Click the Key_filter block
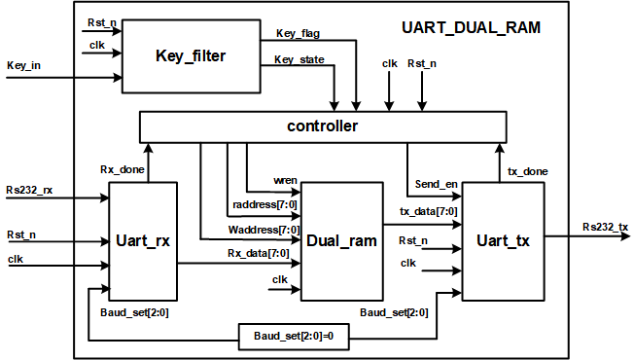click(x=191, y=55)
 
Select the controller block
click(x=323, y=126)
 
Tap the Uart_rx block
click(x=144, y=240)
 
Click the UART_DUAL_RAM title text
click(x=471, y=28)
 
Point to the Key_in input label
click(x=24, y=66)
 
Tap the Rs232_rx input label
click(x=30, y=188)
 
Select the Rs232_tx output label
click(x=605, y=227)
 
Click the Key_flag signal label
click(x=298, y=33)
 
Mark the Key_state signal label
click(x=299, y=59)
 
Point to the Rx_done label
click(x=123, y=169)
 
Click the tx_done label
click(x=528, y=171)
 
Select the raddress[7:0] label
click(x=265, y=204)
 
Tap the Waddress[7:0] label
click(x=263, y=230)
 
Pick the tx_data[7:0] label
click(x=429, y=211)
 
